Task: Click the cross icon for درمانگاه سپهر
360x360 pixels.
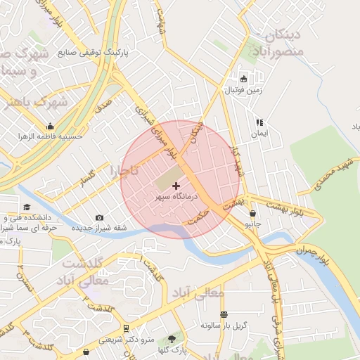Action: coord(175,185)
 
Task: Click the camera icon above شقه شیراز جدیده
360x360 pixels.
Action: coord(99,218)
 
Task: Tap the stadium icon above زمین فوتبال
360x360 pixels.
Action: coord(244,79)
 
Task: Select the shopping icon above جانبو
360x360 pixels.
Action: coord(252,213)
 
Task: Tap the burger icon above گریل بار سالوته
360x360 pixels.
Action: coord(224,314)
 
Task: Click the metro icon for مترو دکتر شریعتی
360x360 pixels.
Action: coord(126,328)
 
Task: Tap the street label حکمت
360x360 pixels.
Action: coord(200,215)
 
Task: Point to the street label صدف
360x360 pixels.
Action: coord(103,107)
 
